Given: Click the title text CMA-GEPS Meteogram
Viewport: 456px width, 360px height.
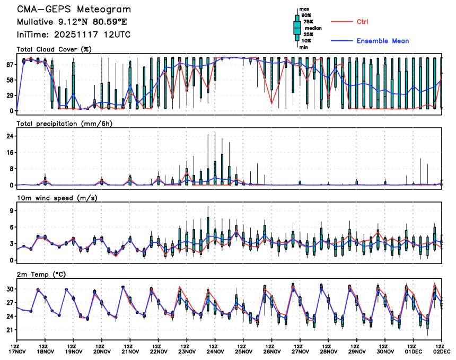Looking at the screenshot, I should [74, 10].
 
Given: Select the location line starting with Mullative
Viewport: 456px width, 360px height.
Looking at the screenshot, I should [72, 22].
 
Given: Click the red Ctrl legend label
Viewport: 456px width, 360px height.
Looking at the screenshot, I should [362, 22].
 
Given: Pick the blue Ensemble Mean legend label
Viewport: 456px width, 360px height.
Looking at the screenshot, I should [382, 41].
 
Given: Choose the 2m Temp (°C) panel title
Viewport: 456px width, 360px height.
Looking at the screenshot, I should [45, 274].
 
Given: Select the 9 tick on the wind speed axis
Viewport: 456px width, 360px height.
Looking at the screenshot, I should [10, 210].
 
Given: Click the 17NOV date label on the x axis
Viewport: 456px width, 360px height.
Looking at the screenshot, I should [17, 351].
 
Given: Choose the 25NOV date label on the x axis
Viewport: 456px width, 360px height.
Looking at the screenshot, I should [243, 351].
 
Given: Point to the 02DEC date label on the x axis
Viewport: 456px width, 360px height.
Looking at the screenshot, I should [442, 351].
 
